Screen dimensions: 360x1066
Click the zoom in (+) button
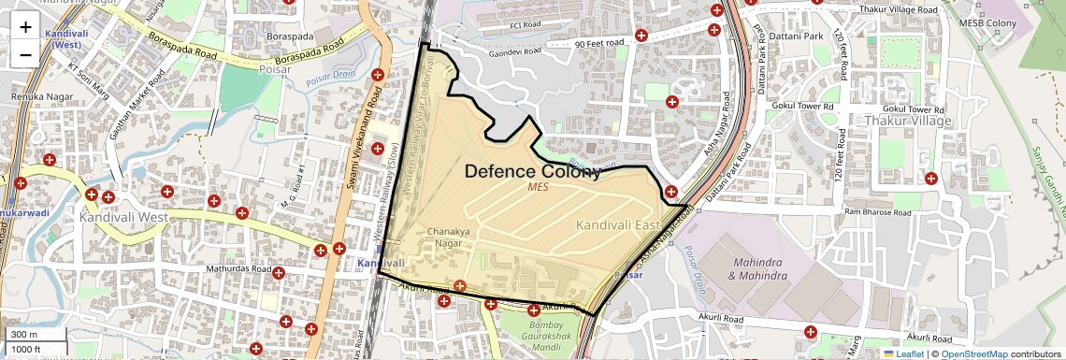[25, 27]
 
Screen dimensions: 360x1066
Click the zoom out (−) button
[25, 54]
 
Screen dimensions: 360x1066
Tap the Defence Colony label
[532, 171]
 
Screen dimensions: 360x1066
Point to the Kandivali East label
[617, 224]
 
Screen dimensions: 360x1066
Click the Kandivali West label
[123, 217]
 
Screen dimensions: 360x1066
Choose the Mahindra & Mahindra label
[756, 269]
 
